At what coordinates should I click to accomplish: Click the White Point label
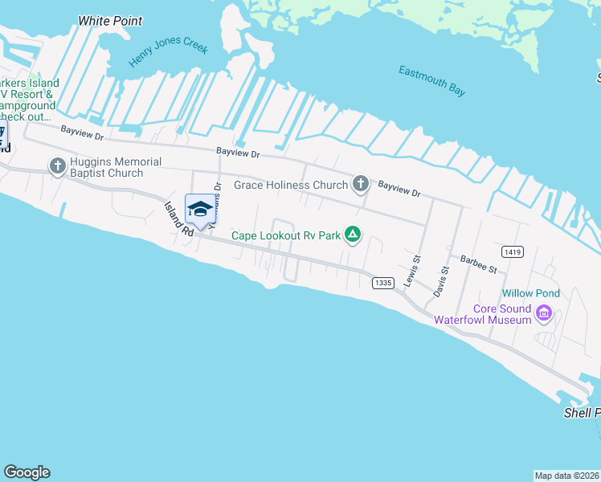(x=110, y=21)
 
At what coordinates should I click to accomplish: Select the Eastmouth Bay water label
(x=431, y=81)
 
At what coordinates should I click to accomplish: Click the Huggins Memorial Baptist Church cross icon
(x=57, y=166)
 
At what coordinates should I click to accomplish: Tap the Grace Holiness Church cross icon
(x=361, y=185)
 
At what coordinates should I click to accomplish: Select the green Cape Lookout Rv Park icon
(x=352, y=235)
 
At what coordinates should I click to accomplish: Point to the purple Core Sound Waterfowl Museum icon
(x=545, y=313)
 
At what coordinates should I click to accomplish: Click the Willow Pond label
(x=531, y=293)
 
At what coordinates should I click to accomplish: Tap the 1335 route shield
(x=382, y=282)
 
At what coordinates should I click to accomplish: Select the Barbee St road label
(x=479, y=263)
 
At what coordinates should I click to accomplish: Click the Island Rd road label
(x=178, y=217)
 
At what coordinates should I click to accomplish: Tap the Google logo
(x=27, y=472)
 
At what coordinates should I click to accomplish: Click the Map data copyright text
(x=566, y=476)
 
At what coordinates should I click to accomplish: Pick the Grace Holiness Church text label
(x=291, y=186)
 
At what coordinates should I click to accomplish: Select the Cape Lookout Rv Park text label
(x=286, y=236)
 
